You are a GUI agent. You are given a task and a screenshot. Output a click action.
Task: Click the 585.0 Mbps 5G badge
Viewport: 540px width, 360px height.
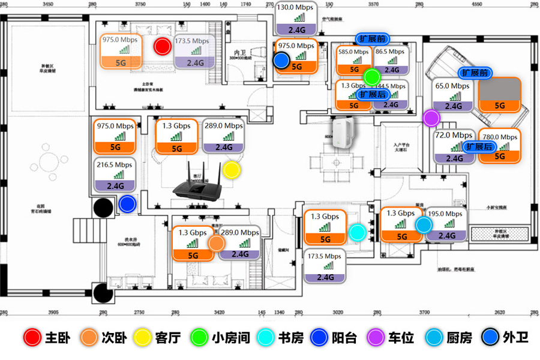point(353,61)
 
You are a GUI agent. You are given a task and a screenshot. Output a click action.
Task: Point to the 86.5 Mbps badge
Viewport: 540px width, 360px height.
point(391,61)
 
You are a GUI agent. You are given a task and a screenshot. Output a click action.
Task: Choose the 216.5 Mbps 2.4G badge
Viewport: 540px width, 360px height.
point(114,175)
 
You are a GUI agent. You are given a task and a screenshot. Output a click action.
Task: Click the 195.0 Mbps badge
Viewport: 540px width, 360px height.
point(446,224)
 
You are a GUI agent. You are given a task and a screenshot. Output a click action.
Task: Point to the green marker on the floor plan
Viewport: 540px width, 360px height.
point(373,77)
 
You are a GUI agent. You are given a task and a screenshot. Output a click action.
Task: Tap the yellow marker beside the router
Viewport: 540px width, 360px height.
point(232,170)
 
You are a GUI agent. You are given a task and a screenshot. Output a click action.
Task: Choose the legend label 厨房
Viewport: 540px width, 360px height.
point(459,338)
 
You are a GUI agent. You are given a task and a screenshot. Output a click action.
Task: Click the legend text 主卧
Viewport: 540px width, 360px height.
point(58,338)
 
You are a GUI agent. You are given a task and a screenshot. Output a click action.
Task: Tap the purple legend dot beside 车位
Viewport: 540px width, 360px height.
point(374,338)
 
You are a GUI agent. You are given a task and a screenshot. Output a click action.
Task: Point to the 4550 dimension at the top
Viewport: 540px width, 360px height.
point(477,4)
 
